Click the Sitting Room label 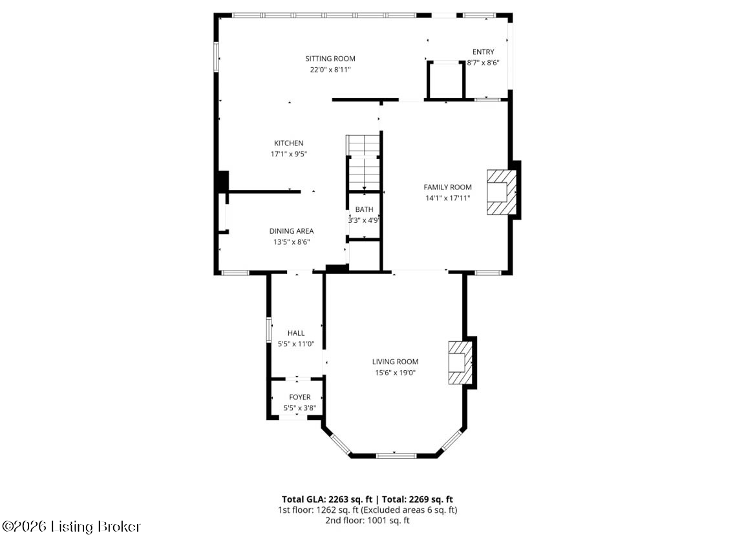point(330,59)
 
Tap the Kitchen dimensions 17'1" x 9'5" point(288,154)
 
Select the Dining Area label point(292,231)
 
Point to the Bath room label point(364,209)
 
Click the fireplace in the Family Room point(501,192)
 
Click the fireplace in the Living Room point(460,363)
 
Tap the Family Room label point(448,187)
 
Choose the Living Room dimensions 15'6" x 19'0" point(395,373)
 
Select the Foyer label point(300,397)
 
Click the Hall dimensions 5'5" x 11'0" point(296,344)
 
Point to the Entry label point(483,52)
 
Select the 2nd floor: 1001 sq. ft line point(367,521)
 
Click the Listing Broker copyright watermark point(71,527)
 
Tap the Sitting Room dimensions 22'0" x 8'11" point(330,70)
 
